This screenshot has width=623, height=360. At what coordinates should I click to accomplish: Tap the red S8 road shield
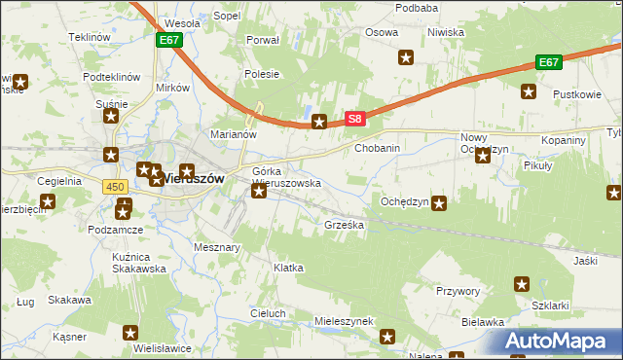click(355, 120)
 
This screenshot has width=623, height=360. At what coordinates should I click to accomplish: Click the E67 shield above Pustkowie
click(549, 62)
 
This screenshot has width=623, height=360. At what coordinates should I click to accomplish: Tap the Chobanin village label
click(378, 148)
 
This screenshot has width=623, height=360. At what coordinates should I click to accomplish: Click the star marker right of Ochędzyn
click(439, 203)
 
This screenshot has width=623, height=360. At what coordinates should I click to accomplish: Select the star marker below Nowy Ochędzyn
click(483, 157)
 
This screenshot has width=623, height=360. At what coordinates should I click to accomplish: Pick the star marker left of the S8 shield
click(319, 122)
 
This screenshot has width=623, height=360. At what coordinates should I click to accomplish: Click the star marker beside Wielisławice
click(130, 334)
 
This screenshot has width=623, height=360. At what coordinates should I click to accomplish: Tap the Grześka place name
click(344, 224)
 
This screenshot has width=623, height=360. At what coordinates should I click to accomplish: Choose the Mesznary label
click(217, 247)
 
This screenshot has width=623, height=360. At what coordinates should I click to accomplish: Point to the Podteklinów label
click(112, 77)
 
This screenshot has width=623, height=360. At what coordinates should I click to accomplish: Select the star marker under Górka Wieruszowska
click(259, 191)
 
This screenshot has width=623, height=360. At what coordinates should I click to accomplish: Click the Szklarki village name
click(551, 305)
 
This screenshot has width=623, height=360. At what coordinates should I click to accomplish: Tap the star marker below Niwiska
click(406, 58)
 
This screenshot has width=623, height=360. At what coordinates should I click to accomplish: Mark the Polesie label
click(263, 74)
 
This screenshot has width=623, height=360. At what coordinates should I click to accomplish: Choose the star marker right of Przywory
click(521, 285)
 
